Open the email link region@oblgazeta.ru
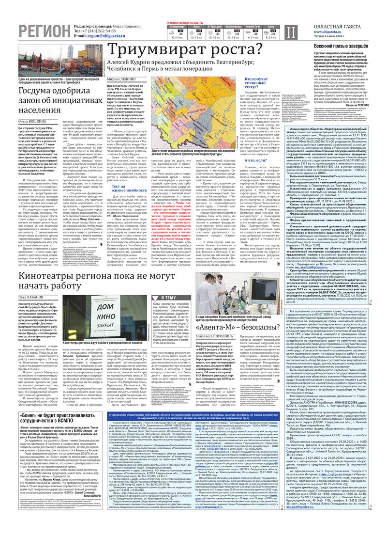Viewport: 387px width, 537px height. (x=100, y=35)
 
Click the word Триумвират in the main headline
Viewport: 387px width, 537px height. (x=159, y=50)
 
